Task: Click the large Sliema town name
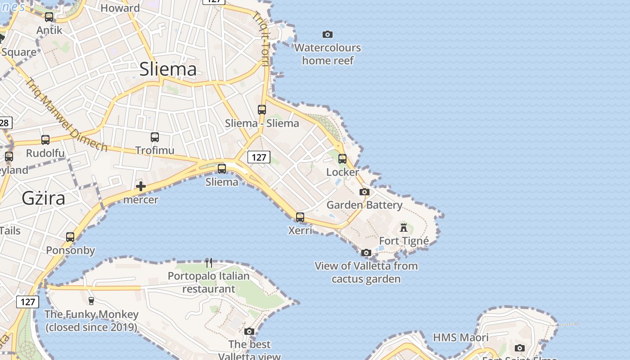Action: (168, 69)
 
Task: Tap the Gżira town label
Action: (43, 198)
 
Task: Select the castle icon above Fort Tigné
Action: (404, 227)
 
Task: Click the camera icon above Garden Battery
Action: (364, 192)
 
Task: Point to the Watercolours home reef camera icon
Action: (328, 34)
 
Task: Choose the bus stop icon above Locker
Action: (342, 158)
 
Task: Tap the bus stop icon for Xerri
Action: (300, 217)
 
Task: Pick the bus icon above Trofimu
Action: (155, 137)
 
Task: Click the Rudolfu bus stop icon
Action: (45, 140)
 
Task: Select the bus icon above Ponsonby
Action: (70, 237)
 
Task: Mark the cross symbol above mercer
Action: (141, 186)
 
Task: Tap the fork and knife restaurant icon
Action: (209, 262)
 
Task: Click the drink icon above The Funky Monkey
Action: (91, 301)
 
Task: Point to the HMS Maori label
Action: (460, 337)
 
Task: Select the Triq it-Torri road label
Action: (261, 38)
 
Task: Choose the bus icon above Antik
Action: (49, 17)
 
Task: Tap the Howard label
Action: (120, 8)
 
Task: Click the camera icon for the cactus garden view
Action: (366, 253)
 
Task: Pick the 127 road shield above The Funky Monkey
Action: (27, 301)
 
